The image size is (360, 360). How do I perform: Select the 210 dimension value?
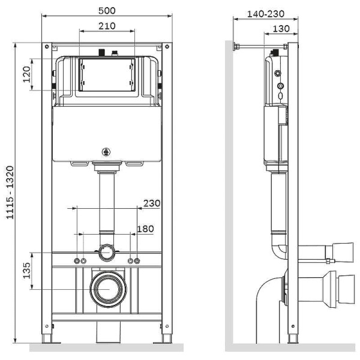107,26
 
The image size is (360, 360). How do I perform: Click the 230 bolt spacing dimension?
152,203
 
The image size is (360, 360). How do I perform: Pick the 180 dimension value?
145,228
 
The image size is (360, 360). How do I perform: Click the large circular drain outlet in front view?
107,288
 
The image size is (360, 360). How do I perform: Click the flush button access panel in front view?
107,74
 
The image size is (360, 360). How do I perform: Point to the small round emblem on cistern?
107,152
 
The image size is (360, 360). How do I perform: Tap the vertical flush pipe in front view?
107,201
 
